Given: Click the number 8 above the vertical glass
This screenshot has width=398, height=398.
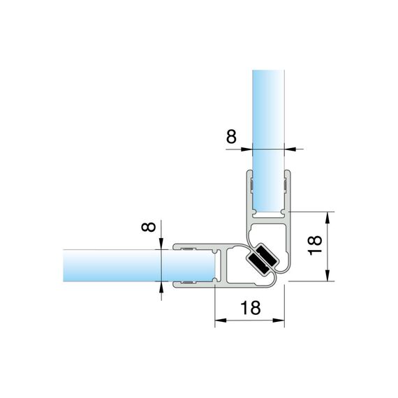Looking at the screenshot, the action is (x=231, y=136).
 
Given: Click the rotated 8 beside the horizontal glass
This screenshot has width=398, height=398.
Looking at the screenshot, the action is (x=149, y=227).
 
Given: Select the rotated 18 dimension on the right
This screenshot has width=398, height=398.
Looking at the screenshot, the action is (x=315, y=244).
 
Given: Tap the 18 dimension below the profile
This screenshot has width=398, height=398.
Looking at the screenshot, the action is (x=250, y=308).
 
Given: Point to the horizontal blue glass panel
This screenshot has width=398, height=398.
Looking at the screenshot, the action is (x=138, y=265).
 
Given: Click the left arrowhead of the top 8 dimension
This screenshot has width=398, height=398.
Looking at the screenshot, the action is (x=247, y=149).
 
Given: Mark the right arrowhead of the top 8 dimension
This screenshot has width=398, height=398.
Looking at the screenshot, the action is (x=290, y=149).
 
